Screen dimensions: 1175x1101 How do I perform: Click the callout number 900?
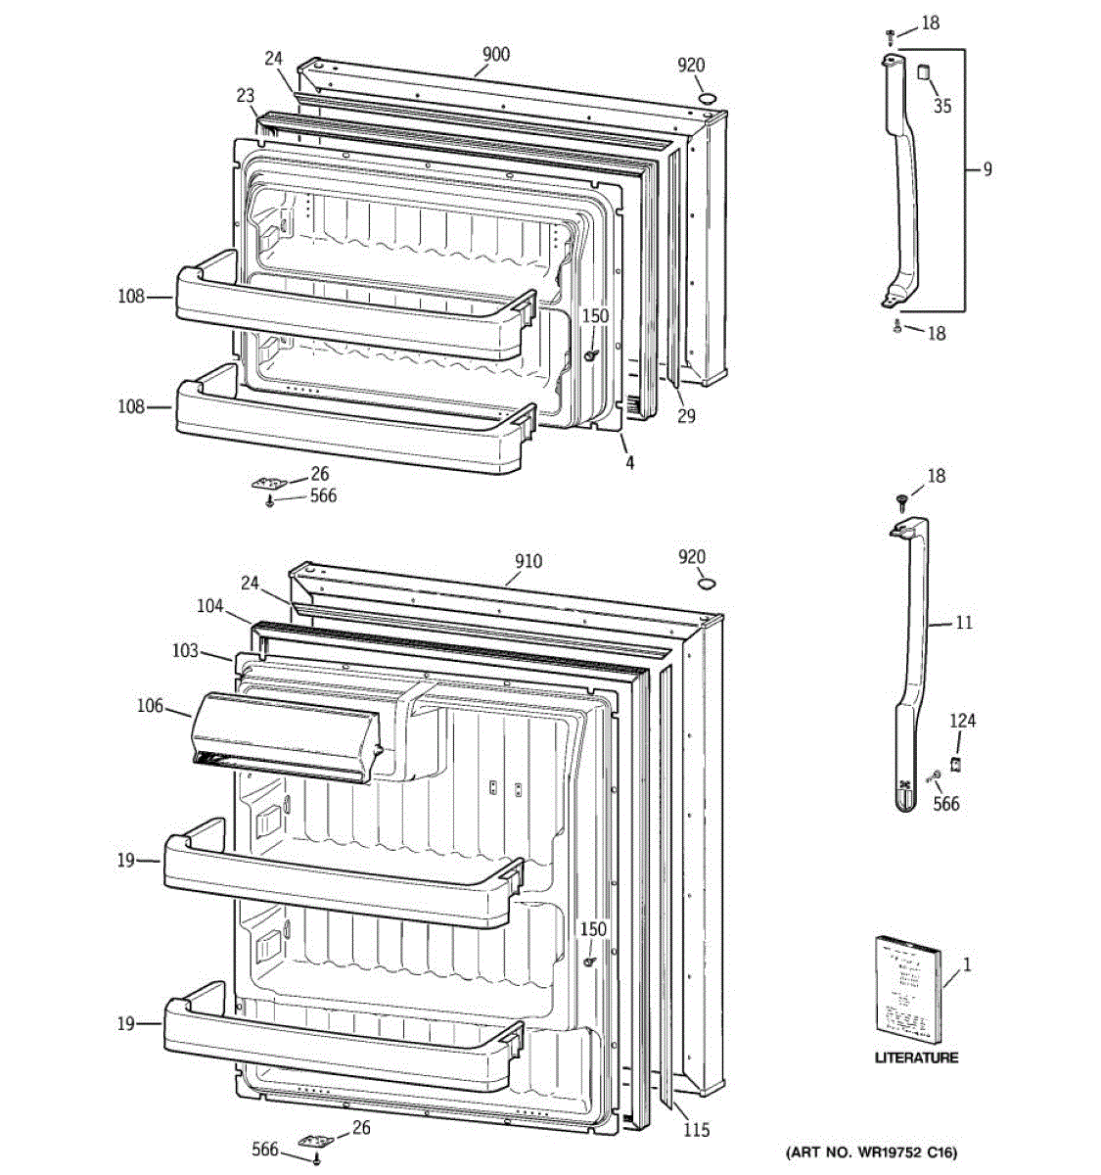point(495,54)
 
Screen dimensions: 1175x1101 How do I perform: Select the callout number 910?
point(528,562)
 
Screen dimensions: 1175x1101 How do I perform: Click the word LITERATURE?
point(916,1057)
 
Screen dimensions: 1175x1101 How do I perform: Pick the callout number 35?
point(941,106)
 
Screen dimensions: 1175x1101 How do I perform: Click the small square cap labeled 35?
point(922,71)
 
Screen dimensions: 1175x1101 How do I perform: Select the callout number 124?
point(962,722)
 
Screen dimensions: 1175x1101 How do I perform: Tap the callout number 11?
point(964,622)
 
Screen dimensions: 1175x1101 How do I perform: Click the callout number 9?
point(987,169)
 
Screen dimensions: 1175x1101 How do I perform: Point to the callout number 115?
point(696,1130)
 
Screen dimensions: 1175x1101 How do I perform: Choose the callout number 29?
point(686,415)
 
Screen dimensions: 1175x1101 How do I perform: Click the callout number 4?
point(629,462)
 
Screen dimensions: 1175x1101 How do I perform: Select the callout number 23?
point(245,96)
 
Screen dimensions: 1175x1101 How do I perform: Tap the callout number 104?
point(209,607)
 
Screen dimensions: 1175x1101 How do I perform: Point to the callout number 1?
point(967,964)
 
